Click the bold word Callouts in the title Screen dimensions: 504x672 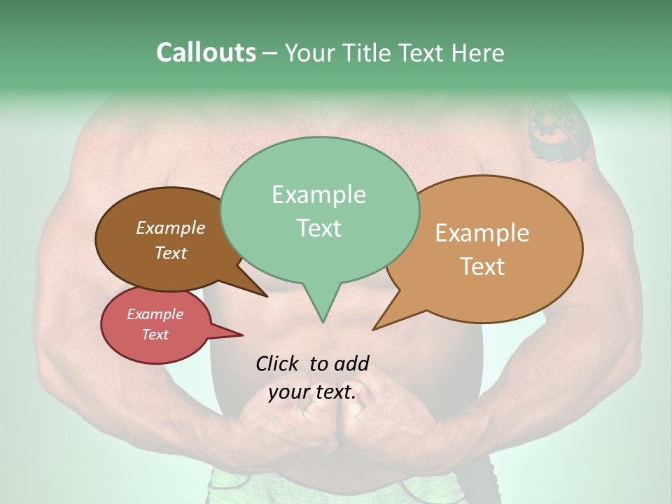tap(206, 52)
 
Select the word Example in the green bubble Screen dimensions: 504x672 tap(318, 195)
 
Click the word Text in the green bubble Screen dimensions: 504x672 tap(318, 228)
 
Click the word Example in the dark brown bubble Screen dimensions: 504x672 tap(170, 228)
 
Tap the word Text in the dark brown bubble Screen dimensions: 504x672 tap(170, 253)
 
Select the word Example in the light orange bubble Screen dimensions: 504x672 tap(482, 233)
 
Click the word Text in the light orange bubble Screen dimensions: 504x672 tap(482, 267)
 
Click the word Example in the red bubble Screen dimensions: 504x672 tap(155, 314)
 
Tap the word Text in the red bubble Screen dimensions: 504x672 tap(155, 335)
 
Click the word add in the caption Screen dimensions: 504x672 tap(351, 363)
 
